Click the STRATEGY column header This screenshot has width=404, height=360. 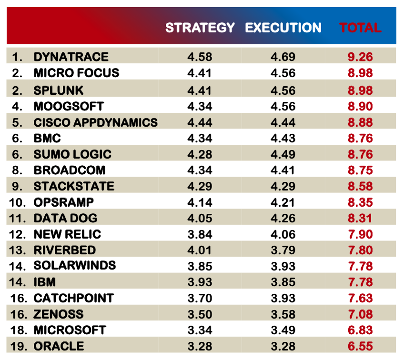coord(200,28)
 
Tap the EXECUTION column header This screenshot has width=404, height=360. coord(283,28)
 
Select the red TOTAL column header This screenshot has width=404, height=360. coord(360,28)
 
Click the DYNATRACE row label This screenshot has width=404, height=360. coord(71,57)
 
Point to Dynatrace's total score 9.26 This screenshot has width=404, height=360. coord(360,57)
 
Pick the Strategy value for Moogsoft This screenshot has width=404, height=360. coord(200,106)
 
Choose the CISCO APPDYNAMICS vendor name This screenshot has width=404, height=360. coord(95,122)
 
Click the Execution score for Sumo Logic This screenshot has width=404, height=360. coord(283,154)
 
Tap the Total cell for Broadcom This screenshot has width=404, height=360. coord(360,170)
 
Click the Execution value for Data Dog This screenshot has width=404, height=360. coord(283,219)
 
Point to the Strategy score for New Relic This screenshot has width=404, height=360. coord(200,234)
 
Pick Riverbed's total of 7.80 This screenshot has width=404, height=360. coord(360,250)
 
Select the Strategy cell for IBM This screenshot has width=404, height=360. coord(200,282)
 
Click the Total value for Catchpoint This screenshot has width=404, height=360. coord(360,299)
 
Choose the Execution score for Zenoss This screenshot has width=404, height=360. coord(283,314)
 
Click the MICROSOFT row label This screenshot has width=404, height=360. coord(70,330)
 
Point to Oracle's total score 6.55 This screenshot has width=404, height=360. coord(360,347)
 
